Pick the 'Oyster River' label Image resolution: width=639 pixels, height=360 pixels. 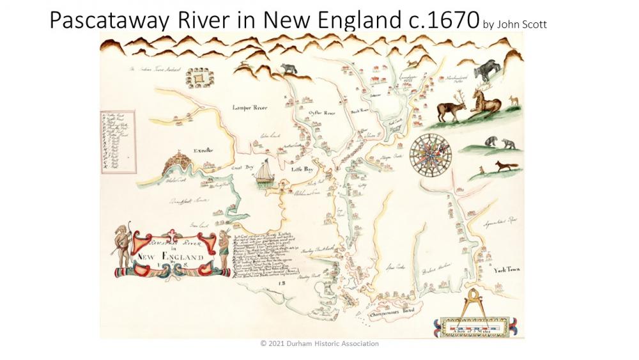click(x=322, y=113)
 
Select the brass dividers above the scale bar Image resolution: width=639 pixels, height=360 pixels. click(x=475, y=300)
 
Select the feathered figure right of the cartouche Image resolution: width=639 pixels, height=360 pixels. click(x=223, y=246)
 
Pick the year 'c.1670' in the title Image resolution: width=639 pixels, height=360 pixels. click(x=443, y=21)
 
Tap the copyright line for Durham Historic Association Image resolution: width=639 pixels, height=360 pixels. click(x=319, y=343)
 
